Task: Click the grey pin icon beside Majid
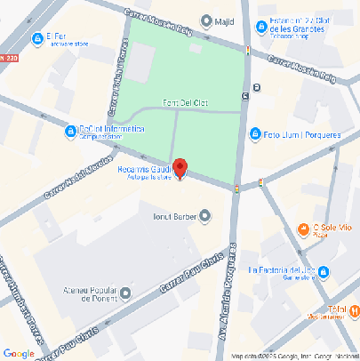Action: coord(206,20)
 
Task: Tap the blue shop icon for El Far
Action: coord(37,38)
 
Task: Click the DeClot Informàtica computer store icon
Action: coord(70,132)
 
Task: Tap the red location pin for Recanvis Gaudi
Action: coord(180,167)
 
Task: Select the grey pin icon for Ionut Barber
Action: coord(206,215)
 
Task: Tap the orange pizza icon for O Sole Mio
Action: coord(304,229)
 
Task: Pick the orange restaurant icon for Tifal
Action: coord(355,310)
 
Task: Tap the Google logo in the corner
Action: coord(19,353)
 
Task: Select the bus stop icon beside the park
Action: coord(257,87)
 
